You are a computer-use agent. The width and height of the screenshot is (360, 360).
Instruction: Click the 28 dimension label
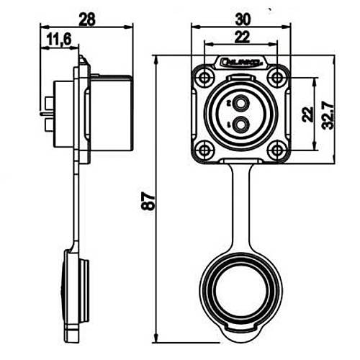click(87, 19)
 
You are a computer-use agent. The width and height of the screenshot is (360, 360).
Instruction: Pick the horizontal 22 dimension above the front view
click(240, 36)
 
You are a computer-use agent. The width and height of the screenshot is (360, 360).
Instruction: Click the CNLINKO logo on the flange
click(241, 63)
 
